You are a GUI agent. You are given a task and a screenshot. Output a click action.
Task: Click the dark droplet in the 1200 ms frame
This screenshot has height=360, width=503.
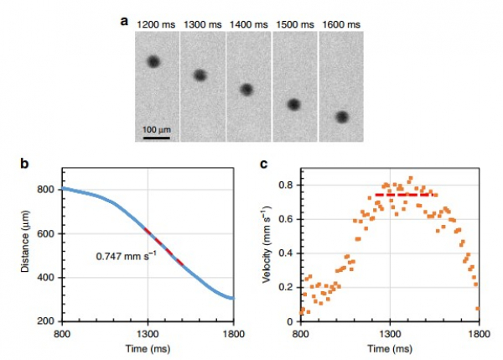point(153,61)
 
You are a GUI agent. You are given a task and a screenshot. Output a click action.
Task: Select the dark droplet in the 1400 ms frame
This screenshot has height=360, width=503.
point(246,89)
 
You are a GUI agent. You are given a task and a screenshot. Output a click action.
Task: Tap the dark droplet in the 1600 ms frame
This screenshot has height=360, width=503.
point(342,117)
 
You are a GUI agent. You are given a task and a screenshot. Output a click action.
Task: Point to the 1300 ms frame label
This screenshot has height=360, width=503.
point(202,24)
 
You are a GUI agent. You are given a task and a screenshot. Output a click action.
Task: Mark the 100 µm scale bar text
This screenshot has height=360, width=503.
point(156,129)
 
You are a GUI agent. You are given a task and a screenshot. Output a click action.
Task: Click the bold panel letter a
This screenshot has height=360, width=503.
point(124,21)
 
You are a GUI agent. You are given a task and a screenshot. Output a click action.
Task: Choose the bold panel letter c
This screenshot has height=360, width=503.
point(264,162)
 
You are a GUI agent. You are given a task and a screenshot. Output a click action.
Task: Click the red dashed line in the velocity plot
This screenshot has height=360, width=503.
point(403,195)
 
